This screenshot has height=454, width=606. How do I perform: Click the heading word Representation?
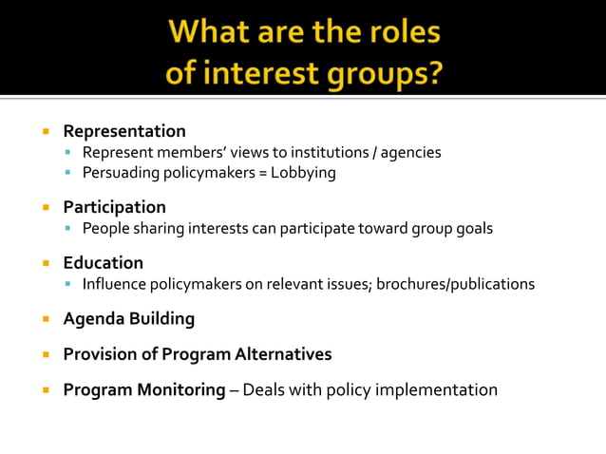point(124,131)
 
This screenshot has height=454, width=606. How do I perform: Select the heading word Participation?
point(114,207)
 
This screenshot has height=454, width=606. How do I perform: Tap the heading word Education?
point(103,263)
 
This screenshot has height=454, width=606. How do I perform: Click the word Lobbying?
point(305,173)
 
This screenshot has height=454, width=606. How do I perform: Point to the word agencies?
point(411,152)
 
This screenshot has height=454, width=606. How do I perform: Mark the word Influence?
point(116,284)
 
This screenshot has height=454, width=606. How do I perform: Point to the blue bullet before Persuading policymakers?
point(69,173)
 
